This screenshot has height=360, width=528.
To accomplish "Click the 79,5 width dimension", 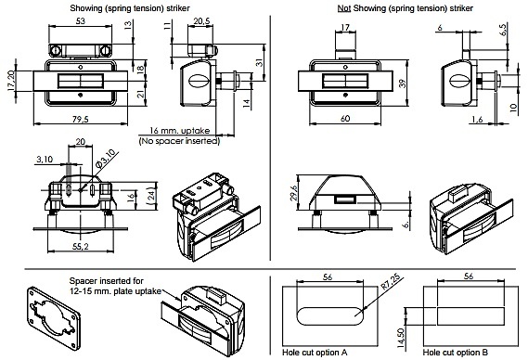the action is pos(81,119).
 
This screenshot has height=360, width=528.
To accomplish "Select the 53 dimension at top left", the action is pos(81,21).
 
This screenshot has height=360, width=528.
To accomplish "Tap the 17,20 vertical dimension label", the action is pos(11,81).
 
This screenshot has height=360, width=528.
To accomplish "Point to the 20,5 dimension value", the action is pos(201,21).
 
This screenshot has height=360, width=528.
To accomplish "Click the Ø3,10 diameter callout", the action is pos(107,159).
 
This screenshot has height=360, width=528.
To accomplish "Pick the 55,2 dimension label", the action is pos(81,246).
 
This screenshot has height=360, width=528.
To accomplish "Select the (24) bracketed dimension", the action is pos(152,196).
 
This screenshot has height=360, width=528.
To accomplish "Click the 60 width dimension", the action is pos(345,119).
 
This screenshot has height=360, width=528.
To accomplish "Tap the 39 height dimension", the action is pos(403,84).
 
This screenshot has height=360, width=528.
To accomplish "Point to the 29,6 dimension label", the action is pos(293,193).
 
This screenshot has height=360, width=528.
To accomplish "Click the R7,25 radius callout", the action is pos(391,282).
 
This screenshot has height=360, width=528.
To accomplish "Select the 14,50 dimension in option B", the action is pos(400,338).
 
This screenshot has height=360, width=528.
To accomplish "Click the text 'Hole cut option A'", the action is pos(315,353).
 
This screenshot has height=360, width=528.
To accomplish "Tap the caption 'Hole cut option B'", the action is pos(456,353).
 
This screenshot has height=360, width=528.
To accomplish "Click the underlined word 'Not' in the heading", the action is pos(344,8).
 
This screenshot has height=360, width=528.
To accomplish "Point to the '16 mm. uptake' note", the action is pos(180,131).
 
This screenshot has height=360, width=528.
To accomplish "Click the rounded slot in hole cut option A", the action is pos(330,316).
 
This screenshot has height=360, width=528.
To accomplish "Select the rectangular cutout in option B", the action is pos(470,316).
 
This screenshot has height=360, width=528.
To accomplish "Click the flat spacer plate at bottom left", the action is pos(54,318).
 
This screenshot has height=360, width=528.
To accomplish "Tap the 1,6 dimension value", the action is pos(477,119).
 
